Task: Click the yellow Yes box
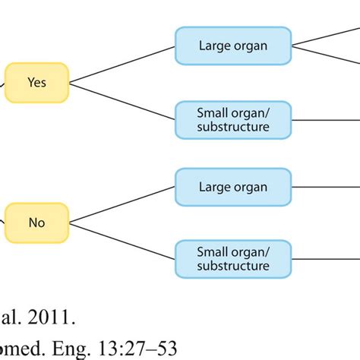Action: click(36, 81)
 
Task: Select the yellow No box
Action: click(36, 223)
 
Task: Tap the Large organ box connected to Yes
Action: click(232, 45)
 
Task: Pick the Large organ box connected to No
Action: click(232, 186)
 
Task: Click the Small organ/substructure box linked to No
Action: click(232, 258)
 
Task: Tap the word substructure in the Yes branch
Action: click(232, 126)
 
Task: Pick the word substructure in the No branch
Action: click(232, 267)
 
